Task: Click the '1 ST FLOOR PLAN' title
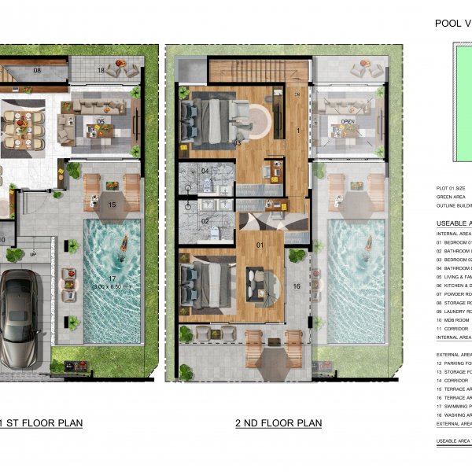click(x=43, y=423)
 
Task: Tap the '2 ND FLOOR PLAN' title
click(x=278, y=423)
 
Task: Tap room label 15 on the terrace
click(x=112, y=205)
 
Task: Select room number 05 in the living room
click(x=101, y=121)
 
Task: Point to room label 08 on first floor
click(x=36, y=71)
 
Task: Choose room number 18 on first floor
click(x=101, y=71)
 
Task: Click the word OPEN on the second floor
click(x=348, y=122)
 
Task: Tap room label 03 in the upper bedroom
click(x=236, y=142)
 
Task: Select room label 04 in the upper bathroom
click(x=205, y=171)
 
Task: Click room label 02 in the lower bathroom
click(x=205, y=221)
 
